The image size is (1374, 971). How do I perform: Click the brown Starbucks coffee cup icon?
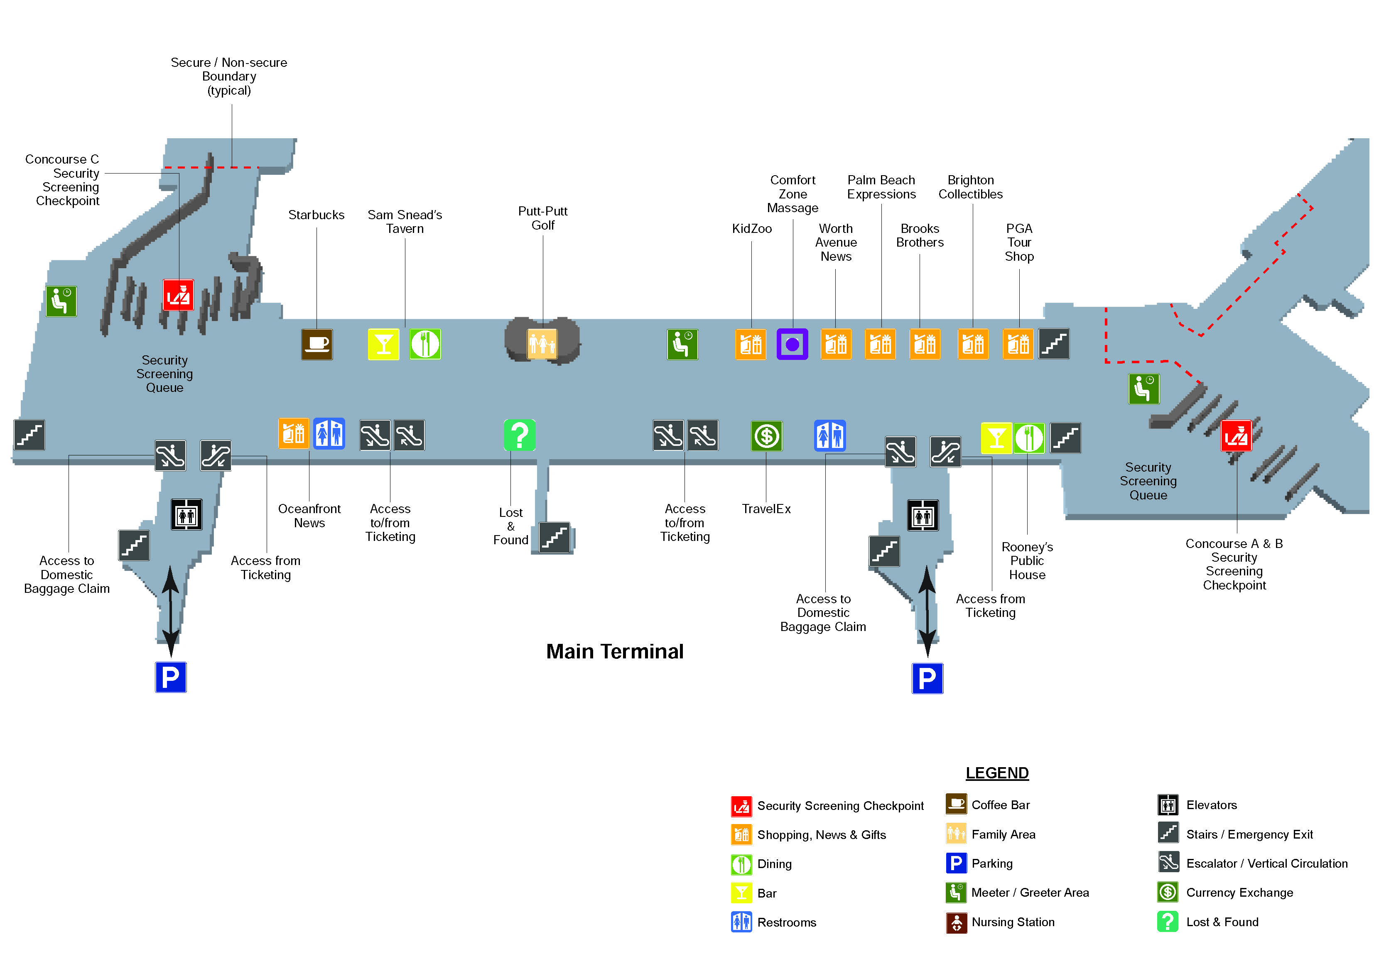tap(317, 344)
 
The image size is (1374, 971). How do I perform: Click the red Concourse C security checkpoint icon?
tap(178, 294)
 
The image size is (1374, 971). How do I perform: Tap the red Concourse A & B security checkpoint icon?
tap(1236, 436)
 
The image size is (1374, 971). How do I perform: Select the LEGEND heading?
tap(996, 773)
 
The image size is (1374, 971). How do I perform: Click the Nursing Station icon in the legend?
tap(956, 922)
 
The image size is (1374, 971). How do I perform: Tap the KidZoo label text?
tap(752, 229)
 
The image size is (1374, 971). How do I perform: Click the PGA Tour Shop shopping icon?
tap(1018, 344)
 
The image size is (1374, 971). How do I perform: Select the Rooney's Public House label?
tap(1027, 560)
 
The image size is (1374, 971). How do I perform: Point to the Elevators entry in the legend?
tap(1211, 805)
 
